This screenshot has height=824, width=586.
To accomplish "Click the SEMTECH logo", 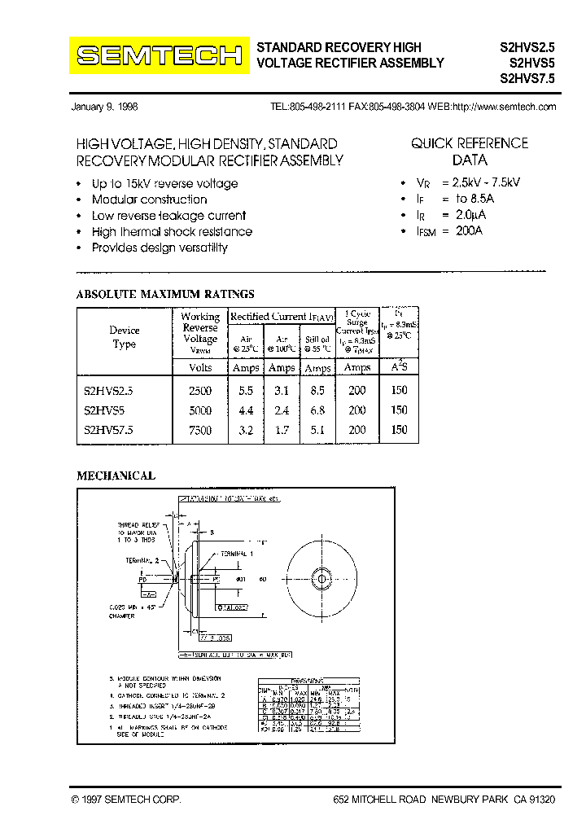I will point(159,55).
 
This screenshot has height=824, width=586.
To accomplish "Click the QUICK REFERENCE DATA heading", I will point(469,151).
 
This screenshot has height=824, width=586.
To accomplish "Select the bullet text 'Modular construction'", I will point(149,199).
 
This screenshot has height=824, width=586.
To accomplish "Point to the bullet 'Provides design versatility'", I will point(160,248).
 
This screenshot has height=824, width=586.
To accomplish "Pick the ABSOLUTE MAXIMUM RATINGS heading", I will point(164,294).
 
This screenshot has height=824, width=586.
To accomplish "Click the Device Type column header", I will point(125,337).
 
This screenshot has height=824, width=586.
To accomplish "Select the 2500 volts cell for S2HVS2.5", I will point(200,390).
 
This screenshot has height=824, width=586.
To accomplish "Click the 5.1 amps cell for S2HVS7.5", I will point(317,430).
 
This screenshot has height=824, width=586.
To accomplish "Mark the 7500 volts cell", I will point(200,430).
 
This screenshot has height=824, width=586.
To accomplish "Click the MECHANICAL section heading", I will point(116,476).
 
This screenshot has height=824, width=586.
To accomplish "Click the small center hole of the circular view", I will point(321,580).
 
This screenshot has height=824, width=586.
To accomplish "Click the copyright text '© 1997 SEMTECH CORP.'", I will point(126,800).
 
